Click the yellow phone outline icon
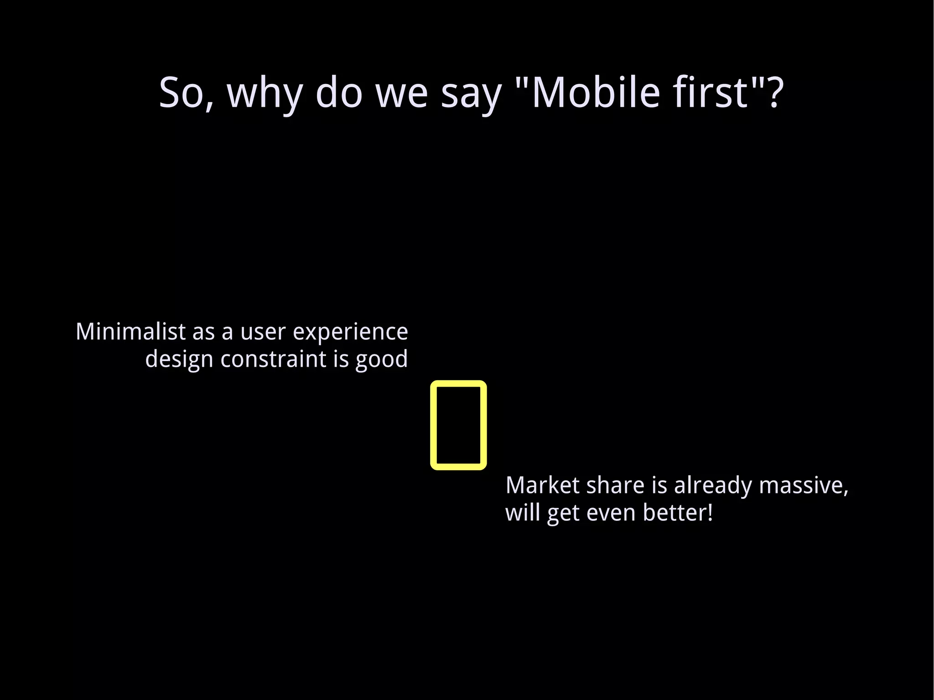point(458,425)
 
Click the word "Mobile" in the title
point(596,93)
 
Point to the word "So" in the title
point(181,93)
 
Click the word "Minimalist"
point(130,332)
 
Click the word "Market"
point(543,485)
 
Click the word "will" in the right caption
point(522,513)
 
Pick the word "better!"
point(678,513)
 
